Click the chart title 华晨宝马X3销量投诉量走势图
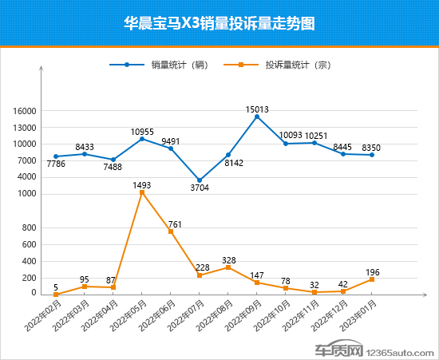(219, 23)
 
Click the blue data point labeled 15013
(257, 117)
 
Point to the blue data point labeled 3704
(200, 181)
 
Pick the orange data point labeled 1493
(142, 192)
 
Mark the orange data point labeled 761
(171, 231)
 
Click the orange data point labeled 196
(372, 279)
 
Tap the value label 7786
(56, 164)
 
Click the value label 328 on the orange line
(229, 259)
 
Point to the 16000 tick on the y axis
(24, 112)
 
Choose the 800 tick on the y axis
(29, 228)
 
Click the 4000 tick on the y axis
(26, 177)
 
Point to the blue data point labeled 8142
(228, 155)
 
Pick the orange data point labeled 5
(56, 294)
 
